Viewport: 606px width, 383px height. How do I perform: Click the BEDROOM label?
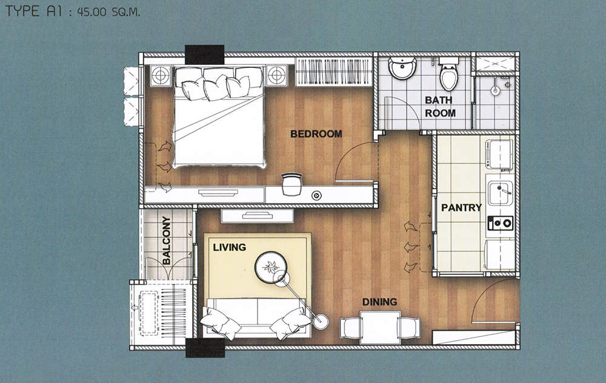(x=316, y=134)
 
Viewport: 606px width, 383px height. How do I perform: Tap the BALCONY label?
(x=167, y=240)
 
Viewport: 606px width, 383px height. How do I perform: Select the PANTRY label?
(x=461, y=208)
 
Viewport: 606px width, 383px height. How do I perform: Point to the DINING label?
(x=379, y=302)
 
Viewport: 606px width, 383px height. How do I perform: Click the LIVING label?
(x=230, y=247)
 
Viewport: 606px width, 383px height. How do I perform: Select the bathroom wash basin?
(x=402, y=68)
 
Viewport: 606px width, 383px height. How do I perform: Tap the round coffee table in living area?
(x=270, y=266)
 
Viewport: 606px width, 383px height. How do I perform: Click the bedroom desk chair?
(x=291, y=185)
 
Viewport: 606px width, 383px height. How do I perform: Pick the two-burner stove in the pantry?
(x=501, y=223)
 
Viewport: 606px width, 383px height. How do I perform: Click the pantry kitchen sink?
(x=500, y=193)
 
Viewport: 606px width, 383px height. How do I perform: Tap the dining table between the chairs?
(x=379, y=327)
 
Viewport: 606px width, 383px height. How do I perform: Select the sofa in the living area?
(x=256, y=316)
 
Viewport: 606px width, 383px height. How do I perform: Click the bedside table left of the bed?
(x=161, y=75)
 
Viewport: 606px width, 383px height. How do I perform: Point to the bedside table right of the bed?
(x=276, y=75)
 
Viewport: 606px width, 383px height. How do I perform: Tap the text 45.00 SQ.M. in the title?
(x=108, y=12)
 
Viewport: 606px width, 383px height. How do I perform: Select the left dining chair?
(x=350, y=328)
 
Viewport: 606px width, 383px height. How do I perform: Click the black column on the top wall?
(x=204, y=54)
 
